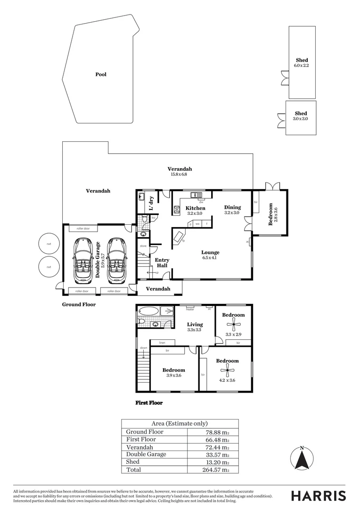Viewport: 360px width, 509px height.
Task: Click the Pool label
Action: (x=101, y=74)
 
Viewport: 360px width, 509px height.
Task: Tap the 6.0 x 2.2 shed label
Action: (x=302, y=60)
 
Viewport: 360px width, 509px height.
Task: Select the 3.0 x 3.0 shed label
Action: (x=301, y=114)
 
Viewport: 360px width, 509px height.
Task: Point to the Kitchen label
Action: (x=195, y=208)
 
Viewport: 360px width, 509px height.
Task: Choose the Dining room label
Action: (x=232, y=207)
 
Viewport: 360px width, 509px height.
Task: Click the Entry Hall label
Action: (x=162, y=263)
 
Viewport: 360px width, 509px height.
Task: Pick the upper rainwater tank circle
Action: (x=49, y=244)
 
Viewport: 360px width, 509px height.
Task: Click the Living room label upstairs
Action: (x=195, y=324)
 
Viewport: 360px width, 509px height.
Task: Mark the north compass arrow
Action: (x=302, y=459)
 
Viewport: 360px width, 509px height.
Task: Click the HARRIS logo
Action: (x=318, y=496)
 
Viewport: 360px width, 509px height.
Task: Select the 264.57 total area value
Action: (x=215, y=469)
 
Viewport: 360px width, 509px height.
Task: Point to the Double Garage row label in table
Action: (x=146, y=454)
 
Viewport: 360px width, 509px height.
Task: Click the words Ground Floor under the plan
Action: (x=79, y=304)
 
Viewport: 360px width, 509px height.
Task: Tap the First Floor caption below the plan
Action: (x=149, y=403)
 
